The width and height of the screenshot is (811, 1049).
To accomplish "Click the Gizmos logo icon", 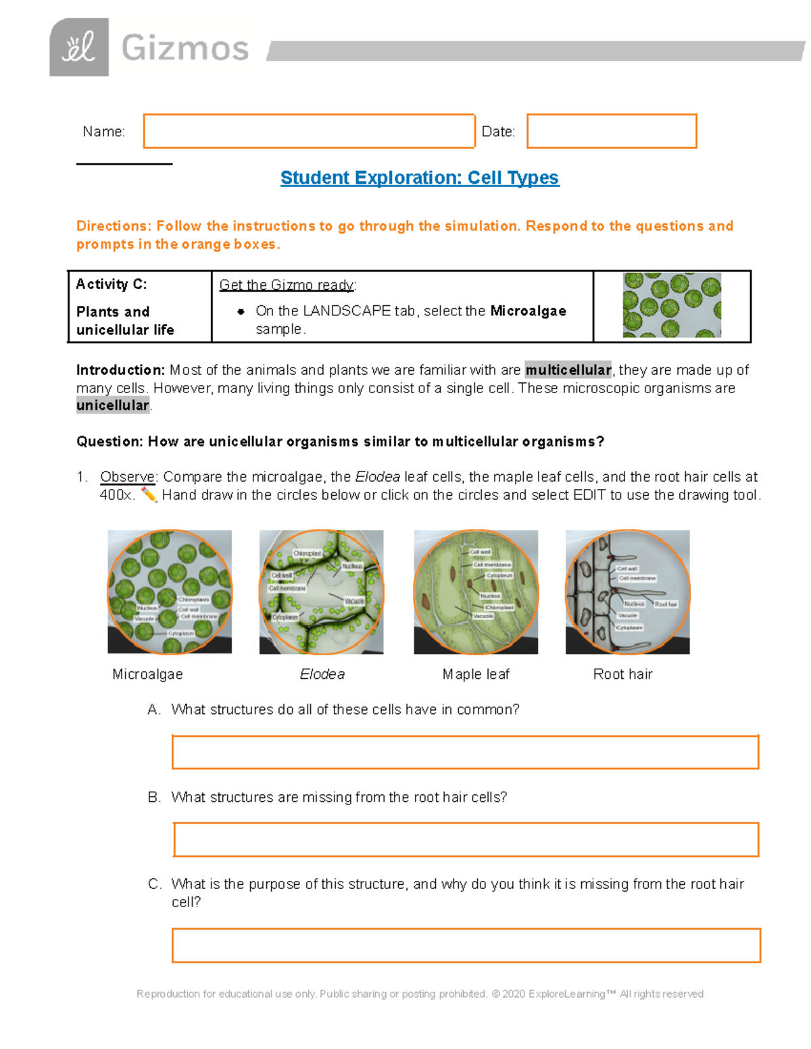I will click(x=79, y=47).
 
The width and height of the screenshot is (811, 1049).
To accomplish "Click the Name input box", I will click(x=309, y=131).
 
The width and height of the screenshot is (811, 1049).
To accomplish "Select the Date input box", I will click(x=612, y=131).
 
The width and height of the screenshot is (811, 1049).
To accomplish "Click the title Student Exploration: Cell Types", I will click(x=420, y=178).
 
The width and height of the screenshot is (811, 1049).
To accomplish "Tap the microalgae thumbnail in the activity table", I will click(x=672, y=305).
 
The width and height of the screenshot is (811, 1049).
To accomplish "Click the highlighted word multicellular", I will click(x=568, y=369).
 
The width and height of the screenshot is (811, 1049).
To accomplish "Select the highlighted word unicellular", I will click(x=113, y=405).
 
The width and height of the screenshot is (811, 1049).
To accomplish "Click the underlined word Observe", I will click(x=127, y=477).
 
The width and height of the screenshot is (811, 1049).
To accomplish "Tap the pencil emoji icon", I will click(x=149, y=495).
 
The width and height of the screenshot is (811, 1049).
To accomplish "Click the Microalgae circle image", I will click(x=170, y=592).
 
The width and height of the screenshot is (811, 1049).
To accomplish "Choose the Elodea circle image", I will click(x=321, y=592).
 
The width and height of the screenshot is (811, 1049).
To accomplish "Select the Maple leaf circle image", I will click(x=476, y=592).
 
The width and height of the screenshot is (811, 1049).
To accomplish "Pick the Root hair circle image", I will click(x=627, y=592).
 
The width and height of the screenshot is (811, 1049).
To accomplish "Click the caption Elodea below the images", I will click(x=322, y=674).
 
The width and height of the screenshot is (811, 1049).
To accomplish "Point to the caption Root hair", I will click(x=622, y=674).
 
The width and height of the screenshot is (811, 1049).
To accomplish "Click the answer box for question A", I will click(x=465, y=752).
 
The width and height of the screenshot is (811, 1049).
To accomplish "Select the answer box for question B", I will click(x=466, y=840).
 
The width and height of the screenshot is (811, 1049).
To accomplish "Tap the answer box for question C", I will click(x=466, y=945).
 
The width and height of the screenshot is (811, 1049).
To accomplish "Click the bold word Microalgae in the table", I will click(x=528, y=311).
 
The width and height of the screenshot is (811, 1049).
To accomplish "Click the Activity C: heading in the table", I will click(x=112, y=284).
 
